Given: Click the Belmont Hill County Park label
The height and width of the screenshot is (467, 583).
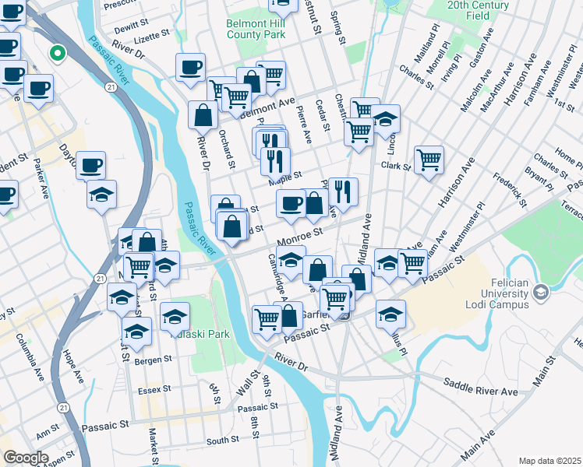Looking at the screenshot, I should pyautogui.click(x=256, y=29).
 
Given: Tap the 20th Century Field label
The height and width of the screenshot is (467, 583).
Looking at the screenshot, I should pyautogui.click(x=479, y=9).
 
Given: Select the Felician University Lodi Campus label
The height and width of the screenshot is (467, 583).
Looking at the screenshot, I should pyautogui.click(x=507, y=292).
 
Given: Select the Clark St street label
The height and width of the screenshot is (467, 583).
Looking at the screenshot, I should pyautogui.click(x=396, y=166).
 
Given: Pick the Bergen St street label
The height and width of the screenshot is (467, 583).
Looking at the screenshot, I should pyautogui.click(x=154, y=360).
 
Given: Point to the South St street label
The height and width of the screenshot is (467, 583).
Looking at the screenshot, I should pyautogui.click(x=222, y=441).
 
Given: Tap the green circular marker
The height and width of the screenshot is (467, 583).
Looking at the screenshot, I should pyautogui.click(x=57, y=54).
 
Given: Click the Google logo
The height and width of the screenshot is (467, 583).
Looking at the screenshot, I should pyautogui.click(x=26, y=458).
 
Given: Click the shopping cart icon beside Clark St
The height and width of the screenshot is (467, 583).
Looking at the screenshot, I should pyautogui.click(x=429, y=160).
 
